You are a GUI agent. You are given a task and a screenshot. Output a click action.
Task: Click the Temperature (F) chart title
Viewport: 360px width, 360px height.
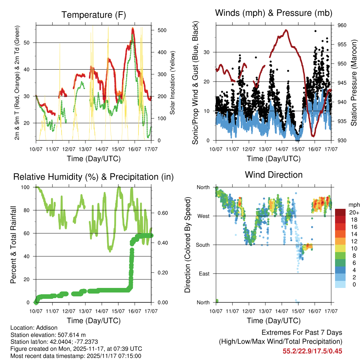click(x=94, y=15)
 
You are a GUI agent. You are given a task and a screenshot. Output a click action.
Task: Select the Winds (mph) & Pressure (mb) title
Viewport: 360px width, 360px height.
click(x=274, y=13)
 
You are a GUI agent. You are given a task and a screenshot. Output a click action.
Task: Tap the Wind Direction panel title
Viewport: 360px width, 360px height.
click(x=274, y=175)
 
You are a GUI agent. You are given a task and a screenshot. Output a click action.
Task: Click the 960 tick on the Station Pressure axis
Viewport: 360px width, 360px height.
click(x=342, y=25)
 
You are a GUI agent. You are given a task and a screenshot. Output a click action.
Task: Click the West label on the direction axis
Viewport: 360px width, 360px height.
click(x=203, y=216)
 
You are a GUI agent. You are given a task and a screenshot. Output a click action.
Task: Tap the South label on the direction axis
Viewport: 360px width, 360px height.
click(x=202, y=245)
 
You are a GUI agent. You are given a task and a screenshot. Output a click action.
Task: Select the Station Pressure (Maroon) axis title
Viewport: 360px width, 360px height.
click(x=354, y=83)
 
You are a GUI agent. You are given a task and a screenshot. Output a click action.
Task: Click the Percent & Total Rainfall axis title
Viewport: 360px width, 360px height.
click(x=13, y=245)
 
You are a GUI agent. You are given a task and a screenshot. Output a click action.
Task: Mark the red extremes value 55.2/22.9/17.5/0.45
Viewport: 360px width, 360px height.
click(x=312, y=351)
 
